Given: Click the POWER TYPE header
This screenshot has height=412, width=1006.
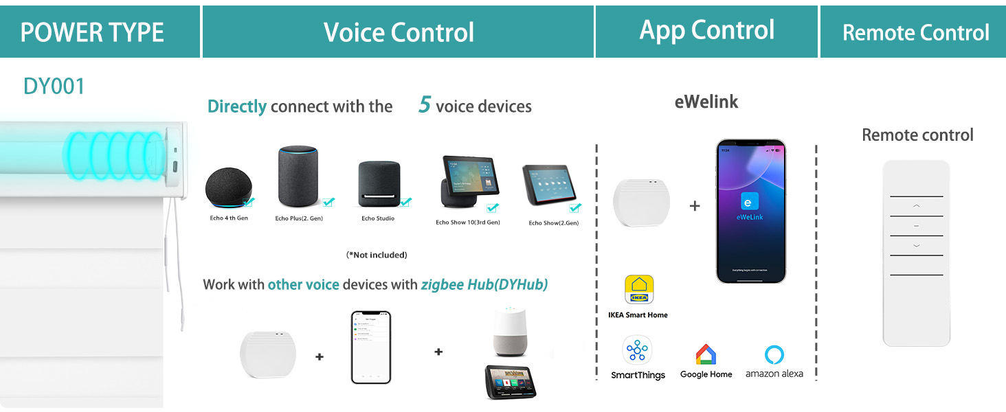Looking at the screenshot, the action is point(92,32).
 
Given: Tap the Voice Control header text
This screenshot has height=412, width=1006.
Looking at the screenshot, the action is point(399,32).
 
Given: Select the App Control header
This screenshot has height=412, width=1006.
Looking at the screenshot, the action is point(706,30).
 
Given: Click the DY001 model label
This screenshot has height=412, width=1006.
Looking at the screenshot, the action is point(54,87).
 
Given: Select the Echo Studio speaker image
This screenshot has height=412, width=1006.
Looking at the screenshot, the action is point(377,184).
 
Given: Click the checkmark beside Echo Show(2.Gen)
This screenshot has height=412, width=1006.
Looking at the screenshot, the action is point(574,207).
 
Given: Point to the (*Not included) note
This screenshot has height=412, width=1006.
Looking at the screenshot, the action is point(377,255).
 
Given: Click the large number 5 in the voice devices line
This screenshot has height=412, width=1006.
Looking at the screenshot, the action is point(425,105).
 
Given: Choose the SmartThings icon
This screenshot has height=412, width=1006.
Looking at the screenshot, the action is point(638,351).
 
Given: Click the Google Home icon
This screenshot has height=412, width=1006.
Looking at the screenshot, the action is point(706,354).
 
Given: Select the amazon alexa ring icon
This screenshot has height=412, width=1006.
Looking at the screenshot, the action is point(774,354).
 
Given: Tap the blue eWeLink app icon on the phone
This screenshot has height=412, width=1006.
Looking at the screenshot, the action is point(750,201).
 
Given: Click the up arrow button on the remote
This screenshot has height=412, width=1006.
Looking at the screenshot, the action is point(916,205).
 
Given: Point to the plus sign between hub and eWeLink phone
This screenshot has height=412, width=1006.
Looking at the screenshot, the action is point(695,205).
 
